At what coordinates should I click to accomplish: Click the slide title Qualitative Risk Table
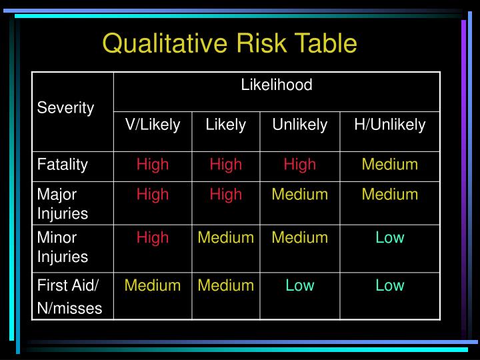click(230, 43)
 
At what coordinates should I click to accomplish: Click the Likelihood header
click(277, 85)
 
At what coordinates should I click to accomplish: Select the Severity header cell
click(65, 108)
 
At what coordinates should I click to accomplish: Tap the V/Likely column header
click(153, 125)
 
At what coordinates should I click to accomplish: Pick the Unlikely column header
click(300, 125)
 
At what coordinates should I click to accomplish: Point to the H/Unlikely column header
click(390, 125)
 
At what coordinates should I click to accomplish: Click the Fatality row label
click(63, 165)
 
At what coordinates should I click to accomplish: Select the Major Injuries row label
click(63, 204)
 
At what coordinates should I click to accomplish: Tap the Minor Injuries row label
click(63, 247)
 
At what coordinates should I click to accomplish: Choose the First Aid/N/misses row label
click(69, 297)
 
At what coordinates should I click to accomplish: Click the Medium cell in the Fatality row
click(390, 165)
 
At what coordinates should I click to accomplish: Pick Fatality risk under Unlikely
click(300, 165)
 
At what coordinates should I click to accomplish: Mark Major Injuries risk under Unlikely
click(300, 195)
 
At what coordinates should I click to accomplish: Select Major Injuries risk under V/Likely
click(153, 195)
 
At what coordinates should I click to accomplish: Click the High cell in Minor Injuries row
click(153, 237)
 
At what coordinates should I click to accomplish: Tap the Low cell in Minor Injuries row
click(390, 237)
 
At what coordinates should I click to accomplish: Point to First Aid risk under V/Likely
click(153, 286)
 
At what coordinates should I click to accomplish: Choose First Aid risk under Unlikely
click(300, 286)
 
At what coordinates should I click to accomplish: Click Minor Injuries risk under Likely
click(226, 237)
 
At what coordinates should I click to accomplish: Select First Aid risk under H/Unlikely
click(390, 286)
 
